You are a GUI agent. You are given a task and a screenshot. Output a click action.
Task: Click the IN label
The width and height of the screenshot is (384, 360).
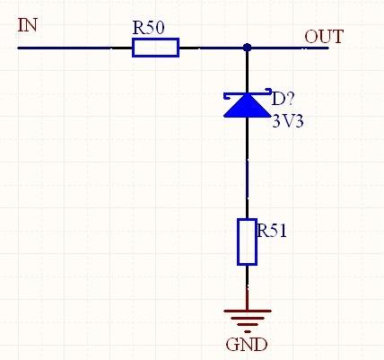(x=28, y=24)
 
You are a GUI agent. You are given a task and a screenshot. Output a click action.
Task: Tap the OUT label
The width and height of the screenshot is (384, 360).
(x=323, y=37)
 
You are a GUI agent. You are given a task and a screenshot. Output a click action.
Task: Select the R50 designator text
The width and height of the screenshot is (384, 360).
(x=149, y=27)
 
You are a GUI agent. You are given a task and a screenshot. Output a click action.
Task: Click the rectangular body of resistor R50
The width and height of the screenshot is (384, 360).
(x=155, y=47)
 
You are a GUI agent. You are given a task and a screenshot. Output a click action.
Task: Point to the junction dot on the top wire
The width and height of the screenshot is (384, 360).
(x=247, y=47)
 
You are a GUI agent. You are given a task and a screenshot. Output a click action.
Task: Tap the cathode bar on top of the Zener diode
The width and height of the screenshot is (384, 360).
(x=246, y=93)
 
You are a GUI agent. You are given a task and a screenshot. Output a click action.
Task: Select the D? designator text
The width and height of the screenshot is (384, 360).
(x=284, y=97)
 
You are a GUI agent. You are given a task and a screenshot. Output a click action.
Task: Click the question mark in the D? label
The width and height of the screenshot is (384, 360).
(x=291, y=97)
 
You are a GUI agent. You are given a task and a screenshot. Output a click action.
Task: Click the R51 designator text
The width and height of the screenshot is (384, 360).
(x=272, y=231)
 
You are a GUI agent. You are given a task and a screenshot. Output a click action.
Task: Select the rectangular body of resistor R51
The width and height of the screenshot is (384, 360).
(x=247, y=241)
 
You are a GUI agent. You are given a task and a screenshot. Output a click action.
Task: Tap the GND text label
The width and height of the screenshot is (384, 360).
(x=246, y=344)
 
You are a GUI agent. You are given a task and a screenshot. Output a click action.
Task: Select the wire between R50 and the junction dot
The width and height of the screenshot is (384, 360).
(x=212, y=47)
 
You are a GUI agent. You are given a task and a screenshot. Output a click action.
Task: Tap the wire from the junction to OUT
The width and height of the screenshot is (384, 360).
(x=287, y=47)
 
